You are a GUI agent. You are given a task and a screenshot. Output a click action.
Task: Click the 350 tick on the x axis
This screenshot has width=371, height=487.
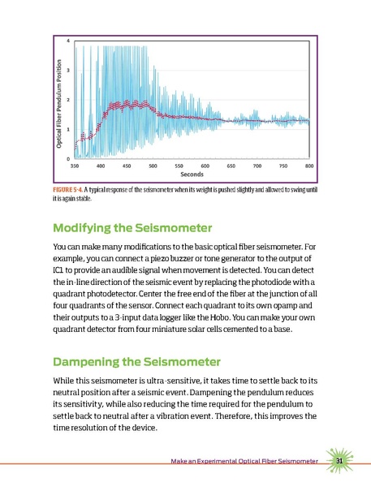click(75, 165)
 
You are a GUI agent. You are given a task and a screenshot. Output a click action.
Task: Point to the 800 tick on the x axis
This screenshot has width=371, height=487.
click(309, 165)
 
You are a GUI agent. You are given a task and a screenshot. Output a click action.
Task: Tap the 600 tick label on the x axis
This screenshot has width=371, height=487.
click(205, 165)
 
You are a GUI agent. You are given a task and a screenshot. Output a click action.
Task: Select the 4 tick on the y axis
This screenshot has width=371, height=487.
click(67, 41)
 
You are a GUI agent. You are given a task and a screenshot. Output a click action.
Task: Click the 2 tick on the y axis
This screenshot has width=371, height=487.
click(67, 100)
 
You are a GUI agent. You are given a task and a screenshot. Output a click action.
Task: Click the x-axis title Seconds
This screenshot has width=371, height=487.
click(192, 174)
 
